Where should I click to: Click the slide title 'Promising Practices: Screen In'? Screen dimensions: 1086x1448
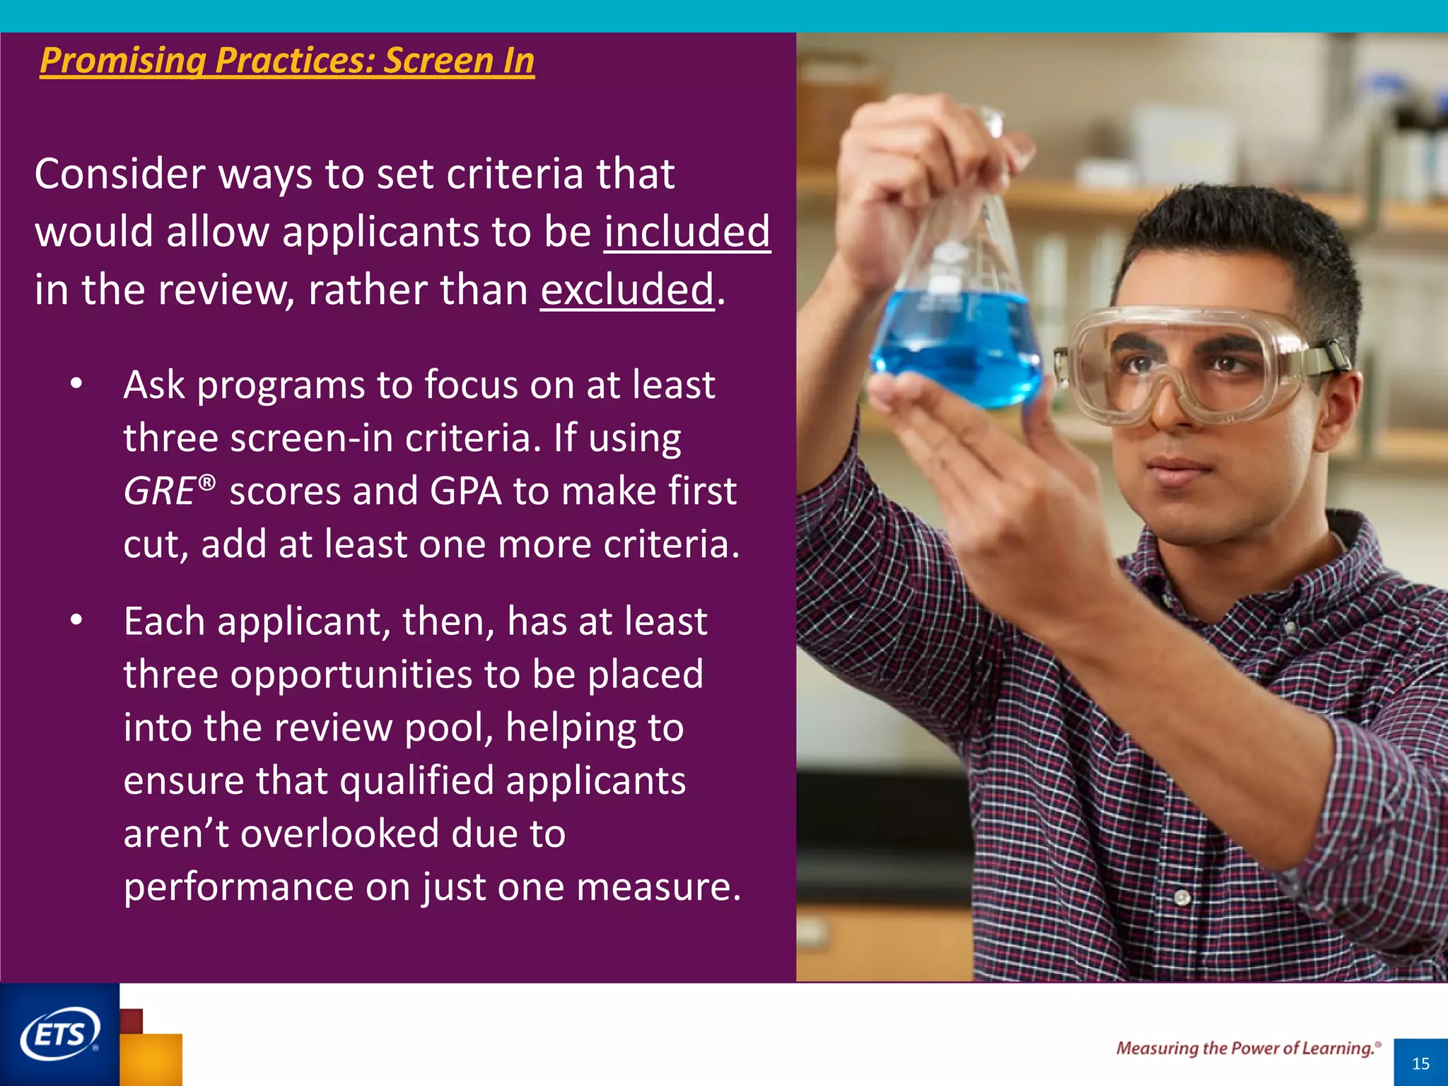pyautogui.click(x=286, y=60)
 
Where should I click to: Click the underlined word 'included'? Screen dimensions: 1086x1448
pyautogui.click(x=687, y=231)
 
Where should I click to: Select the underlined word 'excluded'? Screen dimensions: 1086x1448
pyautogui.click(x=627, y=289)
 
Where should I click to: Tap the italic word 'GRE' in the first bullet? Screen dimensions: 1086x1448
pyautogui.click(x=159, y=491)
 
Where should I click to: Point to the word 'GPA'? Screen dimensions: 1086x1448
pyautogui.click(x=465, y=491)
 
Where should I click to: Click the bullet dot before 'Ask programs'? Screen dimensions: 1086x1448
pyautogui.click(x=76, y=385)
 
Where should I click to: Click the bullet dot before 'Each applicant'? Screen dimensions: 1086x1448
pyautogui.click(x=76, y=621)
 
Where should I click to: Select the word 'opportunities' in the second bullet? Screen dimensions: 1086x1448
pyautogui.click(x=351, y=674)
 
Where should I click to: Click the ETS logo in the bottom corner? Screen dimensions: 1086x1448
pyautogui.click(x=59, y=1034)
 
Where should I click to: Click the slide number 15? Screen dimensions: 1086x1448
pyautogui.click(x=1420, y=1063)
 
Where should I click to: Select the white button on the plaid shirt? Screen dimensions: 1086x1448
pyautogui.click(x=1182, y=898)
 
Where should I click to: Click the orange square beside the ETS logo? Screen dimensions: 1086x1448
pyautogui.click(x=152, y=1059)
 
